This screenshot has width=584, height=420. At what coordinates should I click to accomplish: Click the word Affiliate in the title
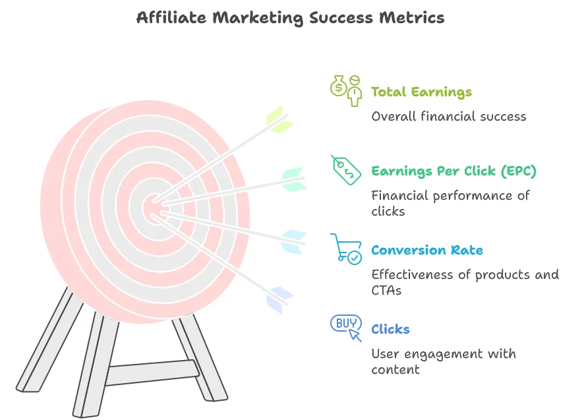171,18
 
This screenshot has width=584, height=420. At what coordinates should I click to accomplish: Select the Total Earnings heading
421,92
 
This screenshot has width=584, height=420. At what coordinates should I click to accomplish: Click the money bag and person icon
346,90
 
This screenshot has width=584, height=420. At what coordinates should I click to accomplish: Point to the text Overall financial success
449,116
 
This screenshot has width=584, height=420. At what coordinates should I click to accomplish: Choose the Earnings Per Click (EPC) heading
453,171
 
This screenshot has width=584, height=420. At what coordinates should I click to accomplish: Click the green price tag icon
346,170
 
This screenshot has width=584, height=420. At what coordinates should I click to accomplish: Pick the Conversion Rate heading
427,250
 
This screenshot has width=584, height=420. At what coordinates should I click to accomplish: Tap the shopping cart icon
346,249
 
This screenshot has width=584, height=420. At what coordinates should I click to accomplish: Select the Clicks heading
390,329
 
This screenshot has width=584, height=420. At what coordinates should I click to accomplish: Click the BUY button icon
346,328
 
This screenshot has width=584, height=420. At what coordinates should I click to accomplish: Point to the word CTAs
386,290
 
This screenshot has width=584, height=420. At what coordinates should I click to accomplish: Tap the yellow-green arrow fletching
279,119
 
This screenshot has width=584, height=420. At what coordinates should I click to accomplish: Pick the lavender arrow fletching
279,300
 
